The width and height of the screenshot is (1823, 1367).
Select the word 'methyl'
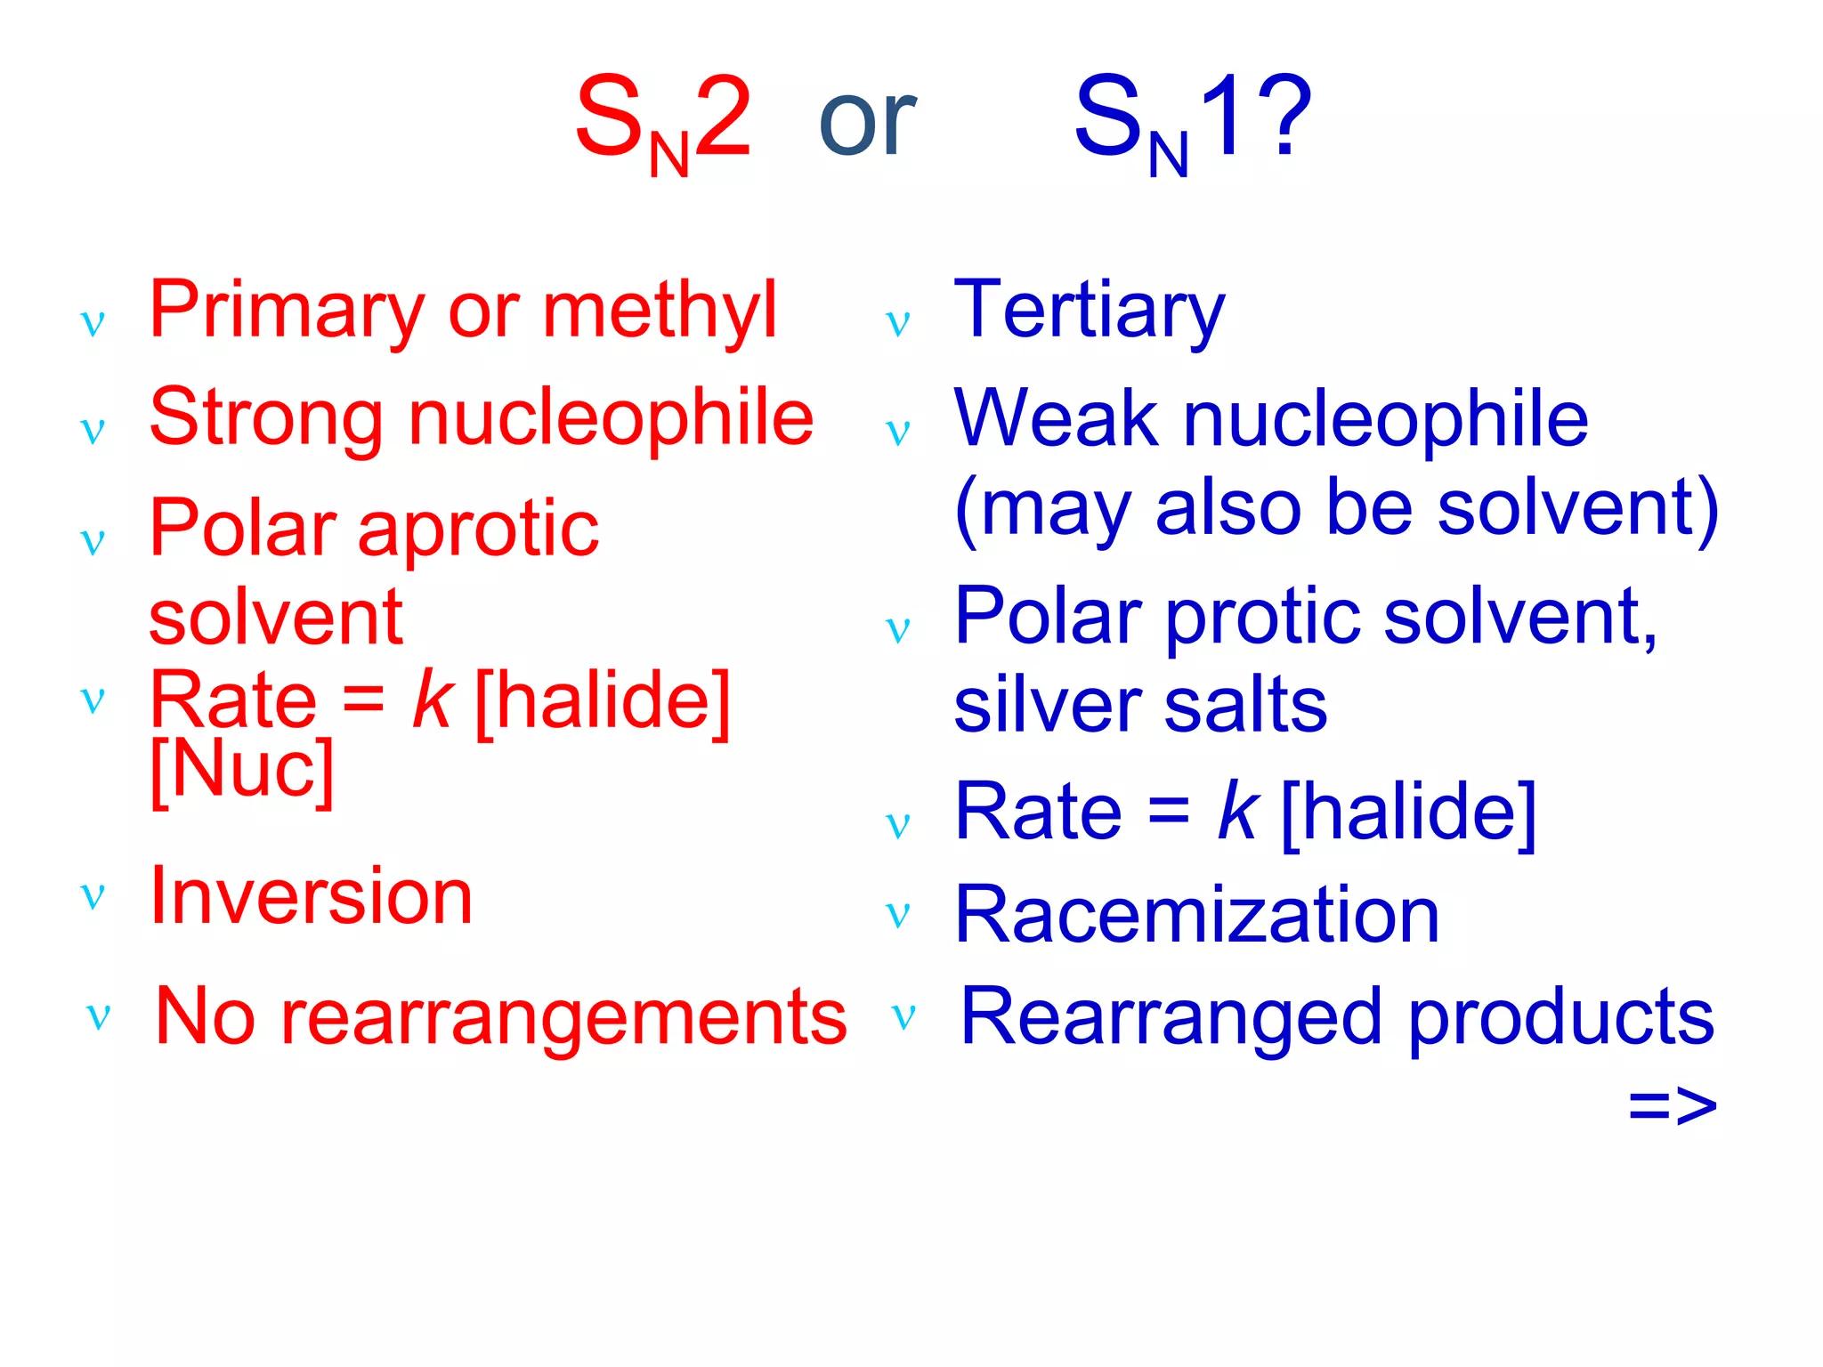(x=660, y=311)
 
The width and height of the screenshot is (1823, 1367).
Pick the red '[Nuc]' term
(x=242, y=771)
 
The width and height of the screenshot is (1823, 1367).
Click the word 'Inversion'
(x=312, y=897)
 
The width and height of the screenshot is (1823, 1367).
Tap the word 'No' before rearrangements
(x=205, y=1016)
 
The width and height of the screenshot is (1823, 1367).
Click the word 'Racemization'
(x=1196, y=916)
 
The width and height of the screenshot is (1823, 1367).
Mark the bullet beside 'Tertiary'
(x=898, y=324)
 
